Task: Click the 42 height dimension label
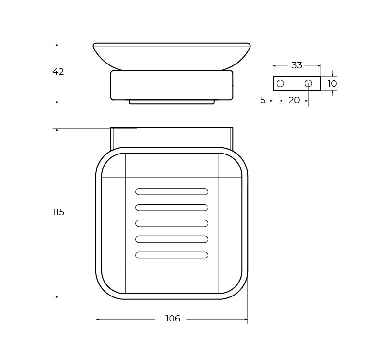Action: (x=58, y=72)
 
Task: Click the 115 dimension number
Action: (x=58, y=212)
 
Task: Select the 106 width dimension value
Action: (x=172, y=319)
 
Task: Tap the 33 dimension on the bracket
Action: (x=297, y=65)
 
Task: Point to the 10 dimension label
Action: (x=332, y=84)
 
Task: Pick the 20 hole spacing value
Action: (x=294, y=100)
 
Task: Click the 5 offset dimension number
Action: (x=263, y=100)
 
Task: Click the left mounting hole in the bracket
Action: (x=280, y=84)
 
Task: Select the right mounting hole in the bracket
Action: (x=308, y=84)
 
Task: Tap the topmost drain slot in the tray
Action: (x=172, y=192)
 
